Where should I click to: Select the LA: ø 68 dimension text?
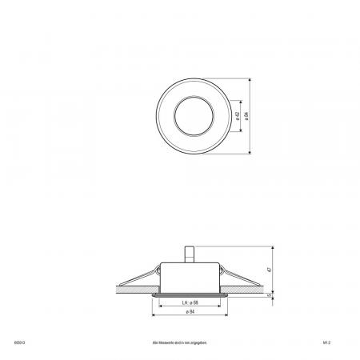[x=190, y=304]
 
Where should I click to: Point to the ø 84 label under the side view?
[x=190, y=313]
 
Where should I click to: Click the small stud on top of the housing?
[x=191, y=254]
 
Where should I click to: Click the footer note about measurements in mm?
[x=180, y=340]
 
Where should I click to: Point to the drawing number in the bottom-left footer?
[x=19, y=340]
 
